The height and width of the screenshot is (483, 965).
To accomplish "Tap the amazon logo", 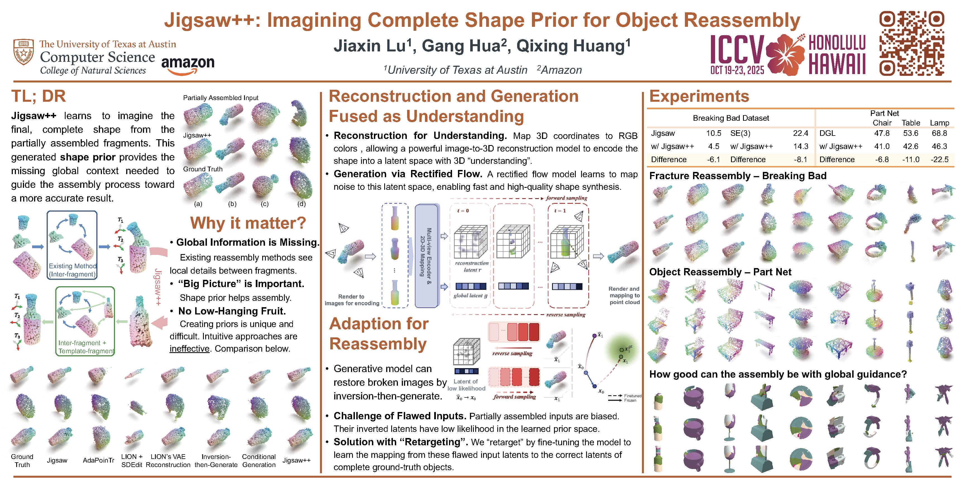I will click(188, 65).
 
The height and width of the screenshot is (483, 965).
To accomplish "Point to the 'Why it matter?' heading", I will click(248, 223).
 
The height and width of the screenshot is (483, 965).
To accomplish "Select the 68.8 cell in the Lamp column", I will click(939, 133).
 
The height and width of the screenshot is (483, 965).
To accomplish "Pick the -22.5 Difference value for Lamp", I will click(939, 159).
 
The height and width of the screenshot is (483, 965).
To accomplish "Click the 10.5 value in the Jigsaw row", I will click(713, 133).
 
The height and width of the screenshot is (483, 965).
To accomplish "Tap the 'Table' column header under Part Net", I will click(911, 123).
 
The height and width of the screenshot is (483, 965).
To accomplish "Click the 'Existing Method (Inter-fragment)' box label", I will click(72, 270).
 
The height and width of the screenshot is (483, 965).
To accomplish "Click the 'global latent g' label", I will click(470, 295).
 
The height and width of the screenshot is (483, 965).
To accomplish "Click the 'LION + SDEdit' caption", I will click(132, 461).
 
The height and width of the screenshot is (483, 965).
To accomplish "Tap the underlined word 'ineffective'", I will click(189, 349).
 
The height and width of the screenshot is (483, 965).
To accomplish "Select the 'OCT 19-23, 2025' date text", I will click(737, 70).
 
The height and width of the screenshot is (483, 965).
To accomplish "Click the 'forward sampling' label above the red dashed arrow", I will click(567, 198).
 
